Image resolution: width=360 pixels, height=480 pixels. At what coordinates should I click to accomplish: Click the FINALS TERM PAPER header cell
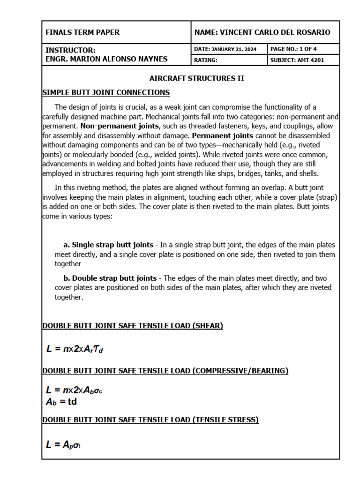[x=82, y=32]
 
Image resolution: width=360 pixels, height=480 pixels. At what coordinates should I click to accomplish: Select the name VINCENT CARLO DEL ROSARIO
[x=262, y=32]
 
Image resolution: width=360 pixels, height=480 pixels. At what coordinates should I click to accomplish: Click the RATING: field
[x=206, y=60]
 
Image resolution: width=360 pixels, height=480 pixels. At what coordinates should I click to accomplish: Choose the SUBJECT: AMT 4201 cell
[x=297, y=60]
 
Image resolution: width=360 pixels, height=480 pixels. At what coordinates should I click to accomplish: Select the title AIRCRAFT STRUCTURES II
[x=196, y=78]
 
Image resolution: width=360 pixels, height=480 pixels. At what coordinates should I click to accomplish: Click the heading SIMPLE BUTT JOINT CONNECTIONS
[x=106, y=92]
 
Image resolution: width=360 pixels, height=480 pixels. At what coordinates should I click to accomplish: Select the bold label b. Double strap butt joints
[x=110, y=278]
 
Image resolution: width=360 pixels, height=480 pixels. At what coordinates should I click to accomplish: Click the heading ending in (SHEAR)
[x=133, y=326]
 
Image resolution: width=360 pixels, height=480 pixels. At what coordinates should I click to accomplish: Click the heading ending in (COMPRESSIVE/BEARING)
[x=165, y=371]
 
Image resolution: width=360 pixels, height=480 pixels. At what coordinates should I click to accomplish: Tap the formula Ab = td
[x=61, y=402]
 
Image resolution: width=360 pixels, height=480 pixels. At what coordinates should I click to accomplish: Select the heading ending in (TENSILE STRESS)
[x=150, y=420]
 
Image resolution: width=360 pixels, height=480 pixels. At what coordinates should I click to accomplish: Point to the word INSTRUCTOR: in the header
[x=70, y=50]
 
